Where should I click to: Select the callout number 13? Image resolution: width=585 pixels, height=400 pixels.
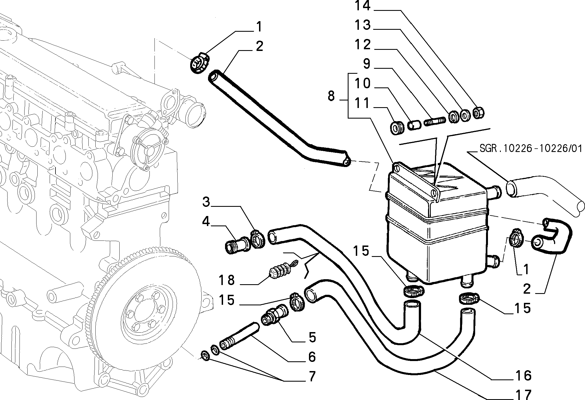[362, 25]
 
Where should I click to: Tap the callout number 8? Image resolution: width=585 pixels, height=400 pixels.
[331, 96]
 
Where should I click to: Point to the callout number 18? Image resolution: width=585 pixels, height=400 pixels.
[227, 280]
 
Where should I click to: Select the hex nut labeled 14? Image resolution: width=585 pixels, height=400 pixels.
[479, 113]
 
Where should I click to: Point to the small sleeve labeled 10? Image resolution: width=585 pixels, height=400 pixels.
[414, 125]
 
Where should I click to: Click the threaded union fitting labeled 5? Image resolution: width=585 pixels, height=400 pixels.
[275, 316]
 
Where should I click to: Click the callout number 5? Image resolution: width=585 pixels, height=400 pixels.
[312, 337]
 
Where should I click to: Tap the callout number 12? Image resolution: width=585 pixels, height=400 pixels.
[362, 44]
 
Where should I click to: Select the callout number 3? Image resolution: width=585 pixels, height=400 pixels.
[206, 202]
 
